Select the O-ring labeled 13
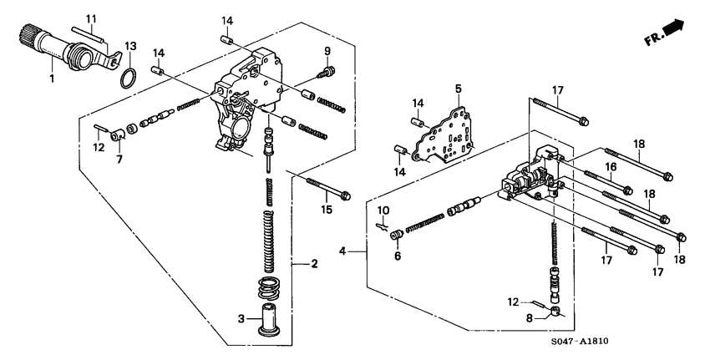[126, 78]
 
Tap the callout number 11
[91, 18]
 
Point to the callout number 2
[314, 265]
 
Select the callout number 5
[458, 88]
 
